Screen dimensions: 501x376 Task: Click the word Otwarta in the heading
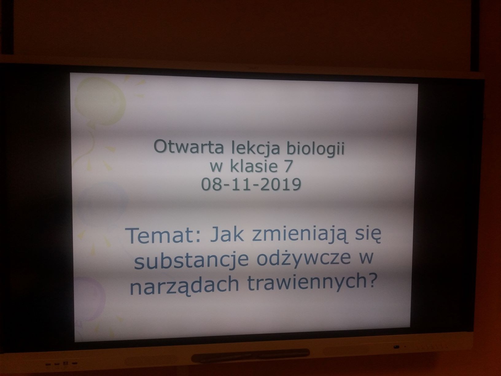[188, 146]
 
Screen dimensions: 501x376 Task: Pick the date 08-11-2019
[251, 184]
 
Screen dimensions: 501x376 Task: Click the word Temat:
[163, 235]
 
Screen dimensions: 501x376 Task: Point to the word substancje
[191, 260]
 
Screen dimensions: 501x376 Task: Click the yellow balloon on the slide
[100, 101]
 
